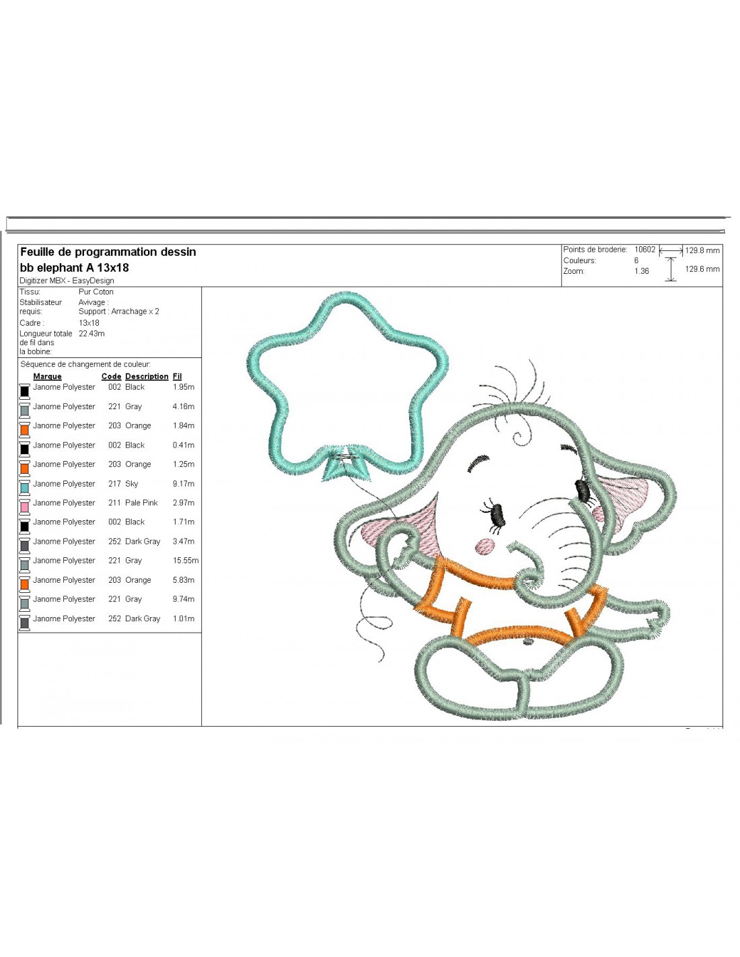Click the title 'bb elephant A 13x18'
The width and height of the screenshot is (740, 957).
click(x=75, y=267)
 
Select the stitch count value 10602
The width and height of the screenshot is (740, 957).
click(x=644, y=250)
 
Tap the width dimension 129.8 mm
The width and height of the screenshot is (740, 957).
click(x=702, y=250)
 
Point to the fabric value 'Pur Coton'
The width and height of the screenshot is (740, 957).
click(x=96, y=291)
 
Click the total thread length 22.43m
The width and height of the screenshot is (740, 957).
click(x=91, y=333)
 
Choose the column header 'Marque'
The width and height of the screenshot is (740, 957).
click(x=48, y=376)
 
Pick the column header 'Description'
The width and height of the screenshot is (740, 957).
click(x=147, y=376)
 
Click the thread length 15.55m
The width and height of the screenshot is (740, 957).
click(x=185, y=560)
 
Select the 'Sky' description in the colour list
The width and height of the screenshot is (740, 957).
click(x=131, y=484)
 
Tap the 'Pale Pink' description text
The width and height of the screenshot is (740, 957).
click(x=141, y=503)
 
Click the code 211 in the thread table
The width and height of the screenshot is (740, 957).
click(x=114, y=503)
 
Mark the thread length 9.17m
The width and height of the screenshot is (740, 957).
click(x=184, y=484)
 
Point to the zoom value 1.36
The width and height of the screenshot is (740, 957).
click(x=641, y=271)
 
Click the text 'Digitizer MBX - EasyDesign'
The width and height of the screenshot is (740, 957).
click(x=67, y=281)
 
